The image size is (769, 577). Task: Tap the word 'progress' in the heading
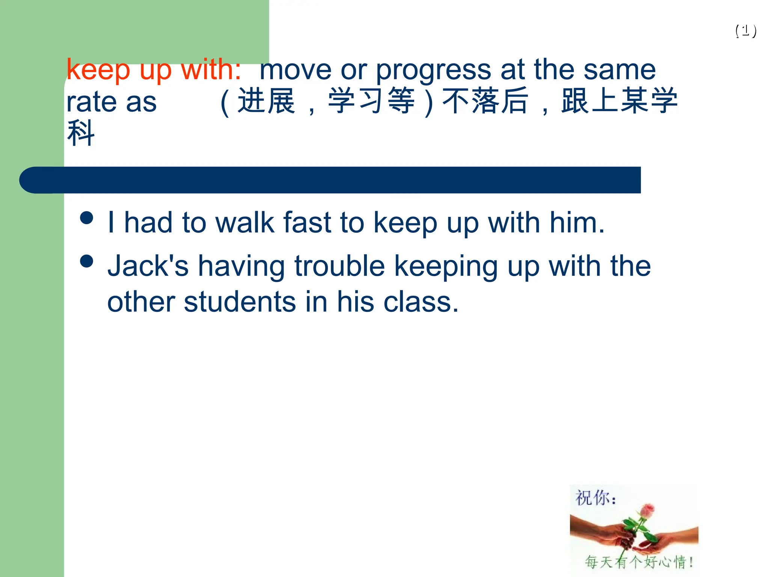pos(433,70)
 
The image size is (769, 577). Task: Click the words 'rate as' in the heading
pos(112,102)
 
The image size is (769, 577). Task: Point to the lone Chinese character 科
pos(81,133)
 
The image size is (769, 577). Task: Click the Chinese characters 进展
pos(267,101)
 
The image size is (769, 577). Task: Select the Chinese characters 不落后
pos(485,101)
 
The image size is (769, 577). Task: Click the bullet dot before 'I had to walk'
pos(87,218)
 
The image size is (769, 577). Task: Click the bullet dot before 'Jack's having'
pos(87,261)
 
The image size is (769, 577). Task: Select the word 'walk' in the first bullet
pos(245,223)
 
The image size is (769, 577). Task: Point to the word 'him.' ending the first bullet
pos(577,223)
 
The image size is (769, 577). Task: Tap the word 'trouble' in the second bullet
pos(339,266)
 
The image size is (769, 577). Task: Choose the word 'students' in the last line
pos(240,302)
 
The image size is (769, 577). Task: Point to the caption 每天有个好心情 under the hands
pos(638,562)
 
